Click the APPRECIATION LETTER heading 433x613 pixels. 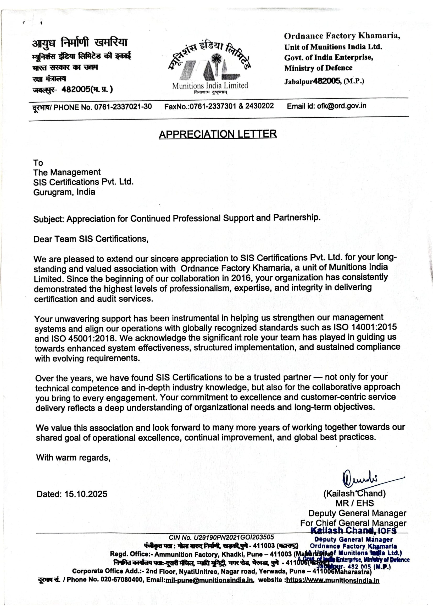(218, 134)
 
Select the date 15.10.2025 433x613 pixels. (86, 494)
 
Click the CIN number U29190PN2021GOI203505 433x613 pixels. (234, 537)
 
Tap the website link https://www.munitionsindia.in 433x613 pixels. (332, 581)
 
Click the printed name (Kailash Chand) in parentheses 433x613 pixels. (354, 493)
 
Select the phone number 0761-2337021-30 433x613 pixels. (123, 107)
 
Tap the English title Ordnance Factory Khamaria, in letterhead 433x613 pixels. (342, 36)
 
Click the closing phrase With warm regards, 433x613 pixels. (73, 458)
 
